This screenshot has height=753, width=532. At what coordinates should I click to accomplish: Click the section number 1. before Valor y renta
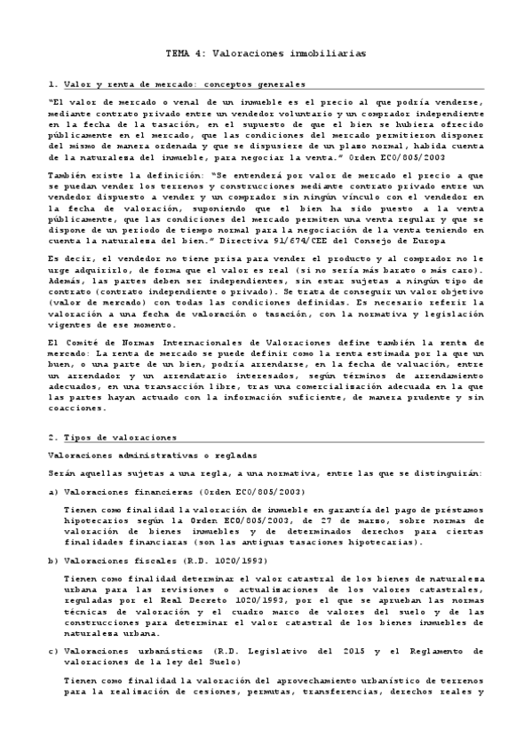tap(52, 84)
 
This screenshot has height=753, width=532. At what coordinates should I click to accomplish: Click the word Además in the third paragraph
tap(68, 275)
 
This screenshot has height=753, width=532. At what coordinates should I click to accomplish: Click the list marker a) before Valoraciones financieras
tap(52, 490)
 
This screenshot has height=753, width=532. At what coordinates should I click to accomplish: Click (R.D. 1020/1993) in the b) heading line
tap(195, 562)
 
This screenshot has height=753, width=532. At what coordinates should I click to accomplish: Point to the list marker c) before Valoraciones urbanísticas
tap(52, 652)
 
